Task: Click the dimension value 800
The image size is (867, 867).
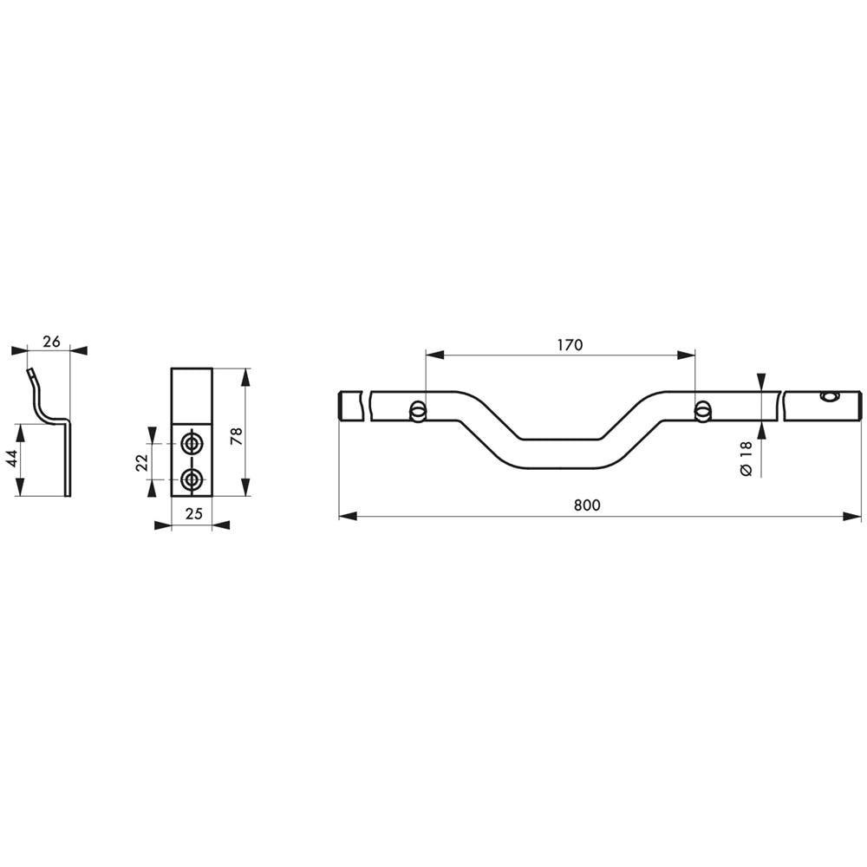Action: click(x=587, y=505)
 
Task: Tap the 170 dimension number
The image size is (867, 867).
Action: click(x=570, y=345)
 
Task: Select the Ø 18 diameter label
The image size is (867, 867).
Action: click(x=746, y=459)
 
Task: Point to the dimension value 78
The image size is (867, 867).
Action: click(x=237, y=422)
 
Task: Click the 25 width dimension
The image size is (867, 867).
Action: click(x=193, y=513)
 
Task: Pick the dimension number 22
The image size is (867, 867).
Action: click(x=141, y=462)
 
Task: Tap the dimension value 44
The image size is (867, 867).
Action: click(x=12, y=458)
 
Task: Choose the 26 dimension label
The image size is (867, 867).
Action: click(x=51, y=342)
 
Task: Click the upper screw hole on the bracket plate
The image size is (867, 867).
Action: click(x=192, y=443)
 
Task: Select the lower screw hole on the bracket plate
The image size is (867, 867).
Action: click(x=192, y=479)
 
